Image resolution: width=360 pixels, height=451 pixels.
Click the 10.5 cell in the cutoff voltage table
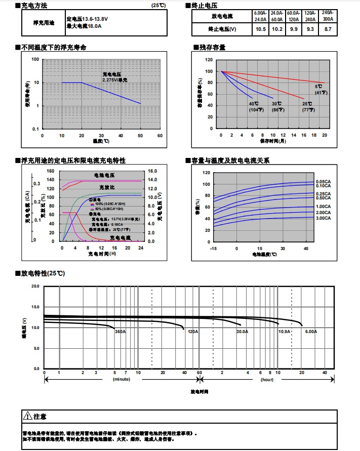point(261,29)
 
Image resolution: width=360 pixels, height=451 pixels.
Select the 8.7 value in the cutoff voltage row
point(328,29)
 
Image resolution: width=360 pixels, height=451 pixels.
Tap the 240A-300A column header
point(328,16)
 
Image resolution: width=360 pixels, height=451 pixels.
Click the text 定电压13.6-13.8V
point(87,19)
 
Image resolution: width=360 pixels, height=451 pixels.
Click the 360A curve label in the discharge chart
point(121,332)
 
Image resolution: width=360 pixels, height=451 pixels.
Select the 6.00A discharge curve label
point(311,332)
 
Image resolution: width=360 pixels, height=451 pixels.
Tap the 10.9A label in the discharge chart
point(285,332)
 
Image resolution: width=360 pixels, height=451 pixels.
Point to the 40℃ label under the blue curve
point(254,104)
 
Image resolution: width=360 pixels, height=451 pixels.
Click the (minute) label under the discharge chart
point(122,379)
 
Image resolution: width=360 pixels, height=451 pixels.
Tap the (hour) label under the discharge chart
point(267,379)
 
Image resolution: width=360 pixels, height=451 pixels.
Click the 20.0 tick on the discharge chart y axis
point(35,286)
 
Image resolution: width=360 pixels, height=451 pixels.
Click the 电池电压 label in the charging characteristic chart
point(104,175)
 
